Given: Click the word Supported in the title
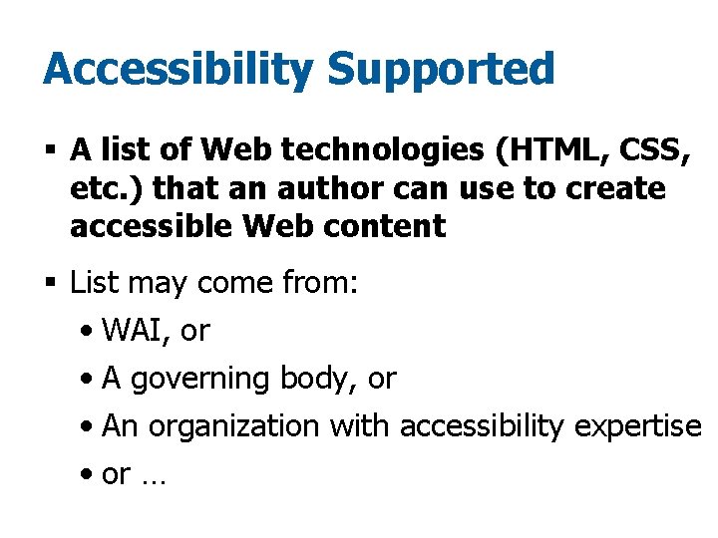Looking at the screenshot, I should [x=440, y=71].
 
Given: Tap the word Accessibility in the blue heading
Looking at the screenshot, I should [x=178, y=71].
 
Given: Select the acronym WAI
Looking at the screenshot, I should [x=136, y=331].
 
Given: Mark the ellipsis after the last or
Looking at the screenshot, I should [x=154, y=475].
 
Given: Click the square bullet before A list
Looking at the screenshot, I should [x=50, y=151].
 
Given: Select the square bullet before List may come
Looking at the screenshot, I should [x=50, y=284].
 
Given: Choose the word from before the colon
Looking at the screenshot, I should [x=318, y=284].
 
